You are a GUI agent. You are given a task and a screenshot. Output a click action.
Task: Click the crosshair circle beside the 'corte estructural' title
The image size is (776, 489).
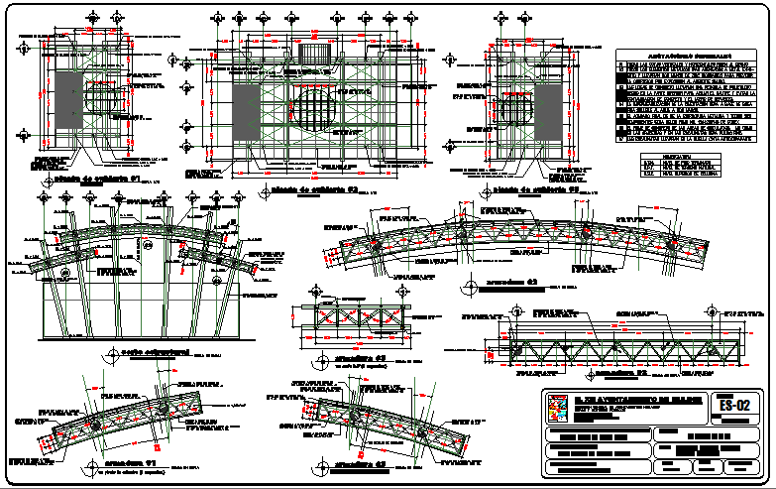[x=107, y=357]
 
